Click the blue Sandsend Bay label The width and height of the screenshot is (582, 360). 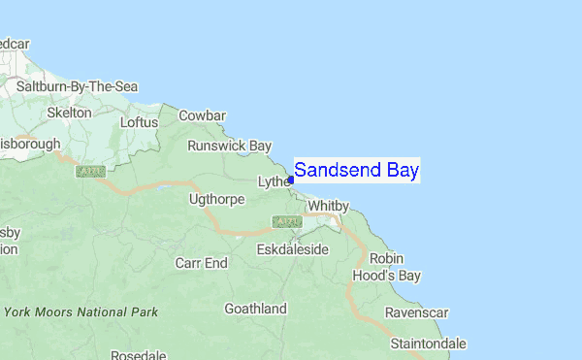click(x=356, y=171)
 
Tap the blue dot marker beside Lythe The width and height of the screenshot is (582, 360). click(x=291, y=180)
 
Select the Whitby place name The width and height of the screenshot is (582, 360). click(x=327, y=206)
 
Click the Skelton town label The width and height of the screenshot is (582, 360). click(x=70, y=113)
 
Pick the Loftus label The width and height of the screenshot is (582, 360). click(x=138, y=122)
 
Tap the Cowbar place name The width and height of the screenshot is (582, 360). click(x=201, y=115)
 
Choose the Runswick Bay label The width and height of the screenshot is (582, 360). click(x=230, y=146)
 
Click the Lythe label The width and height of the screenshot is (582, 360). click(x=273, y=181)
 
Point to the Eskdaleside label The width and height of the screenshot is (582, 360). click(x=293, y=249)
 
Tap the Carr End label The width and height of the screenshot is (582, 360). click(x=201, y=263)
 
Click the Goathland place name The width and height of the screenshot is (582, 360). click(x=256, y=309)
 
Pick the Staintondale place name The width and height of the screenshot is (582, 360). click(x=428, y=344)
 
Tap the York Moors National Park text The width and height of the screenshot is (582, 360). click(x=81, y=312)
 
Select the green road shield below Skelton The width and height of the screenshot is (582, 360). click(x=90, y=172)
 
